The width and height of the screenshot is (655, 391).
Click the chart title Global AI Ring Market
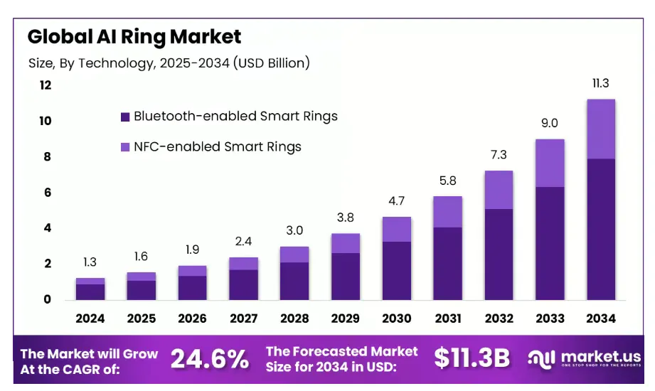(x=134, y=36)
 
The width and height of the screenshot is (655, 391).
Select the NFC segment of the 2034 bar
(x=601, y=129)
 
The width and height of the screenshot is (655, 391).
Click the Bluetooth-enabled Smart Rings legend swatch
(x=125, y=117)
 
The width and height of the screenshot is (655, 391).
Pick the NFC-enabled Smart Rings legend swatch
(x=125, y=147)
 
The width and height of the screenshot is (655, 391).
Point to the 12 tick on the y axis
(x=46, y=85)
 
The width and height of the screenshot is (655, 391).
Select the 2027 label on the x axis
(x=243, y=318)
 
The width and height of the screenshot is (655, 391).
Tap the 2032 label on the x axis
(x=499, y=318)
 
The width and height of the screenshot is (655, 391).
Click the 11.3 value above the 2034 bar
(x=601, y=84)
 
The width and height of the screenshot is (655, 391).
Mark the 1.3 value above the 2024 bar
(x=90, y=263)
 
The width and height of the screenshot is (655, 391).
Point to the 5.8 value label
(x=448, y=181)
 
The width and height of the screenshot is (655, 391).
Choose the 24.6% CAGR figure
(x=210, y=359)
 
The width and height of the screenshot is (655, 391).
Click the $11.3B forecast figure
(x=472, y=359)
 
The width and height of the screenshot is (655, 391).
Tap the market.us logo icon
(x=541, y=358)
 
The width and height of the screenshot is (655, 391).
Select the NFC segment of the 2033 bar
(x=550, y=163)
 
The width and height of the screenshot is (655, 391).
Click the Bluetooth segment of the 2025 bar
(x=142, y=290)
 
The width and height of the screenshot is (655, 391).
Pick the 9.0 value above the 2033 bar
(x=550, y=124)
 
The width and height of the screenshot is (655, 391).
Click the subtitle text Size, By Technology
(x=169, y=63)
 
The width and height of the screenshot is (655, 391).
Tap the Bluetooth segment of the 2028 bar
(x=294, y=281)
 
